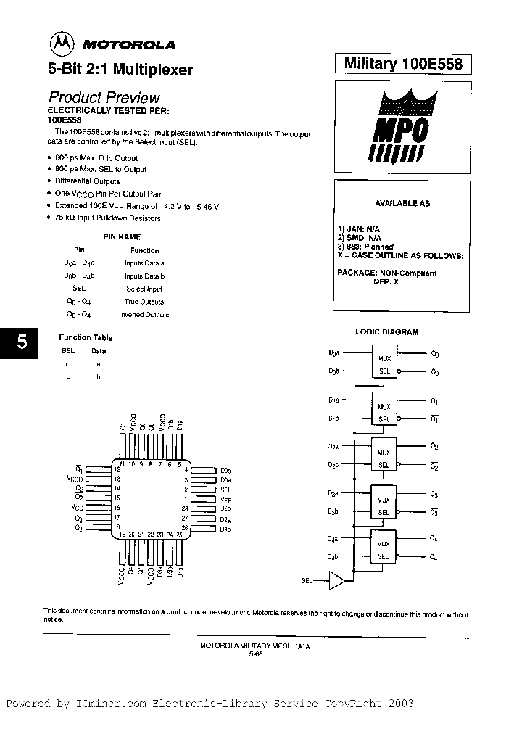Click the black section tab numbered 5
coord(22,342)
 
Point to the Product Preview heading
coord(104,97)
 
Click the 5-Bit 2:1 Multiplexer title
coord(120,71)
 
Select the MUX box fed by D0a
coord(385,363)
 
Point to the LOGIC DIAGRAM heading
coord(386,332)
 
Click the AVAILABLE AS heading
coord(402,204)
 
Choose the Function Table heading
coord(86,337)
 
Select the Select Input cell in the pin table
coord(144,289)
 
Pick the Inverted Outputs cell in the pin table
coord(144,315)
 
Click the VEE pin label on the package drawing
coord(225,500)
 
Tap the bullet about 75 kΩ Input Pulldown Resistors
coord(108,218)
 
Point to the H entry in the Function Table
coord(68,363)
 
